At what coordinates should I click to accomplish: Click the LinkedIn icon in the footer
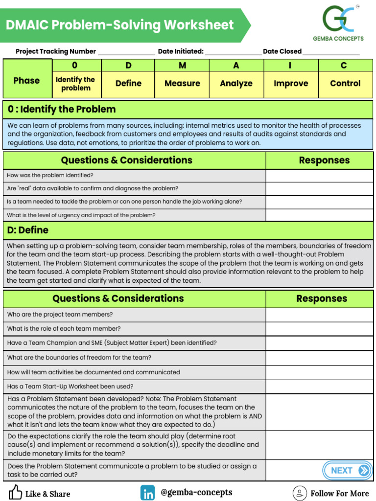click(147, 493)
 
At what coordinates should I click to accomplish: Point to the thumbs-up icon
click(15, 492)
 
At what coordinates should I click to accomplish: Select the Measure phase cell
click(182, 83)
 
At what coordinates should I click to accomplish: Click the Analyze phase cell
click(236, 83)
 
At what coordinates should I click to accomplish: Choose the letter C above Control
click(344, 66)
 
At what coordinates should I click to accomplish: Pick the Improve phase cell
click(291, 83)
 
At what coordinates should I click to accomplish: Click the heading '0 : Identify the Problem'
click(62, 109)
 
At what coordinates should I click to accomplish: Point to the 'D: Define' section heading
click(28, 230)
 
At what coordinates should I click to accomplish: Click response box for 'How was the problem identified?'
click(319, 175)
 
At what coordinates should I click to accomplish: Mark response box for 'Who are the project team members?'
click(319, 315)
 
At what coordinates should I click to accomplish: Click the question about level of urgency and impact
click(81, 215)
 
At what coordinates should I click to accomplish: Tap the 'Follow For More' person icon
click(299, 493)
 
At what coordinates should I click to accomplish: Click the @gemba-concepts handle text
click(196, 492)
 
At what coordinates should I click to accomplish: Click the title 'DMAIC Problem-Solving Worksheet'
click(120, 25)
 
